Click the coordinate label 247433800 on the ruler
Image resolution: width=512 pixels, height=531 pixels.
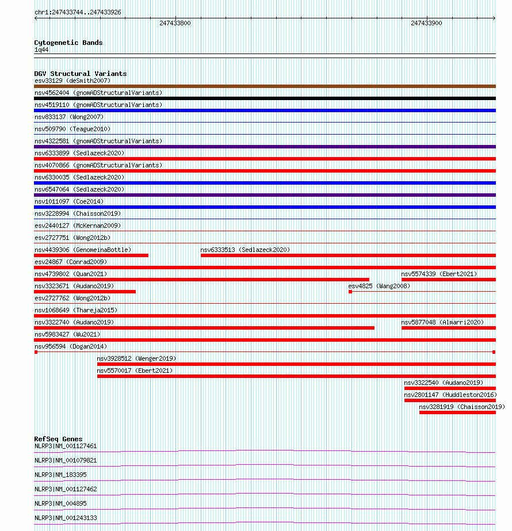pos(175,24)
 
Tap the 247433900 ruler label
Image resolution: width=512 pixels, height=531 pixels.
pos(426,24)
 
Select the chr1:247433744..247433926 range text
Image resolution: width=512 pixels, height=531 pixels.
pos(78,12)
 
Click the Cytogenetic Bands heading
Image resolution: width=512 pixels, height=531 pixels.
pos(68,43)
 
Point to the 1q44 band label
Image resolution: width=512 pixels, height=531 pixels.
pos(41,50)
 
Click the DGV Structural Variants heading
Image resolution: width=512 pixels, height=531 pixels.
pos(81,74)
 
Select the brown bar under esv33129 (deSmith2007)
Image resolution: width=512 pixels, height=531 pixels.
pos(265,86)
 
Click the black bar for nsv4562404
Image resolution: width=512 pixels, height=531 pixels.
pos(265,98)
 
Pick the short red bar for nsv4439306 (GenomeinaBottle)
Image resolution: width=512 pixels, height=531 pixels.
pos(91,255)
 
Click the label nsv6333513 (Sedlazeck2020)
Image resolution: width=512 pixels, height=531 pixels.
pos(245,250)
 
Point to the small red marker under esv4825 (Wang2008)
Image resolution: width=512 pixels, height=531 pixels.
pos(350,292)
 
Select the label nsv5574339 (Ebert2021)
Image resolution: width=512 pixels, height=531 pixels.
pos(440,274)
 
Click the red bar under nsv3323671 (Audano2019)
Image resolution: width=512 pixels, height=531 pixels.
pos(85,292)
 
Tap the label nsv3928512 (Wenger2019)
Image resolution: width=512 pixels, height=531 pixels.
pos(136,358)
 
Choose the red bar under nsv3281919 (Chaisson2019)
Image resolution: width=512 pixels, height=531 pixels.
pos(457,412)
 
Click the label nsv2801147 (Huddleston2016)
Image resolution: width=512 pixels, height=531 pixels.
pos(450,395)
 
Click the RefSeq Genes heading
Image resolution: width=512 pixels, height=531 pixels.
pos(58,439)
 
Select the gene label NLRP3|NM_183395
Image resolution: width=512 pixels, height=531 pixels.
pos(60,475)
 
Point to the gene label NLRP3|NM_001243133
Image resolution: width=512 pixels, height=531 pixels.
pos(66,518)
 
